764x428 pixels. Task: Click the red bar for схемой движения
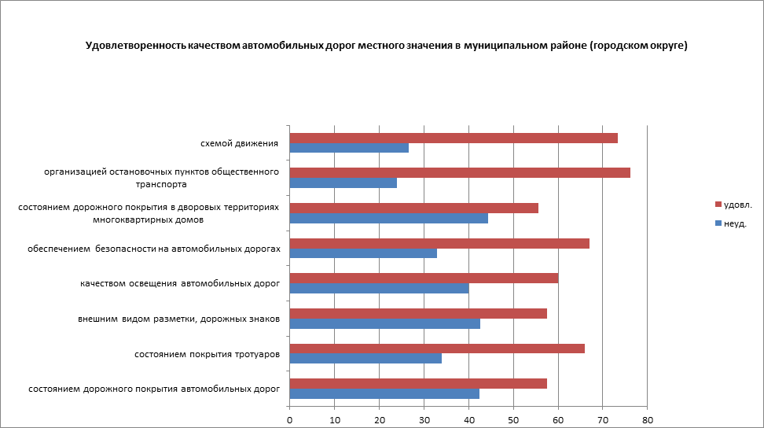click(454, 138)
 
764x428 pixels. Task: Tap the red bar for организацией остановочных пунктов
click(460, 173)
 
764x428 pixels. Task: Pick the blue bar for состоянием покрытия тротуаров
click(365, 359)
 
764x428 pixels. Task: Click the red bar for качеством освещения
click(424, 278)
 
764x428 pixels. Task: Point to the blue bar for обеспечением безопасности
click(363, 253)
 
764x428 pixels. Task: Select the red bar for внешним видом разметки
click(418, 313)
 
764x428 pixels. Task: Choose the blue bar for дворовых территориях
click(388, 219)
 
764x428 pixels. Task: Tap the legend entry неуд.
click(733, 223)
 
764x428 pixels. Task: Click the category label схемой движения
click(240, 143)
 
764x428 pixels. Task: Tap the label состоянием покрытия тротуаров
click(208, 354)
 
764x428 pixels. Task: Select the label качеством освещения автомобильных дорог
click(180, 283)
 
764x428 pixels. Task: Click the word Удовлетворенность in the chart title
click(135, 46)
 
